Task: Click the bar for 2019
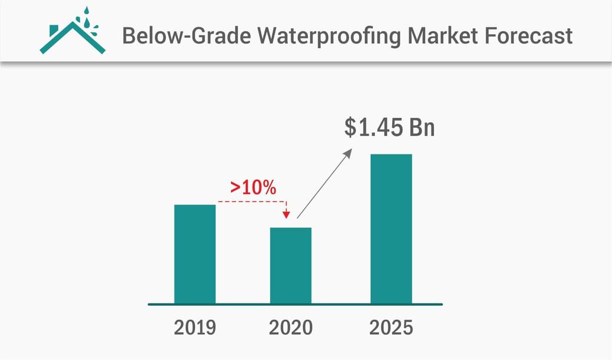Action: [x=195, y=254]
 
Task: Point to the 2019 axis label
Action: [x=195, y=328]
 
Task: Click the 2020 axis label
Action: [x=291, y=328]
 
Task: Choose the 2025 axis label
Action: [x=391, y=328]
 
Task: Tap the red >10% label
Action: [x=253, y=187]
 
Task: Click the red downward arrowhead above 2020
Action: [x=287, y=214]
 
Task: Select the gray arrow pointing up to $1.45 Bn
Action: [x=324, y=183]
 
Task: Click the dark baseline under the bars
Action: [x=295, y=305]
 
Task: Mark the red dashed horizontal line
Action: [x=251, y=202]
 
